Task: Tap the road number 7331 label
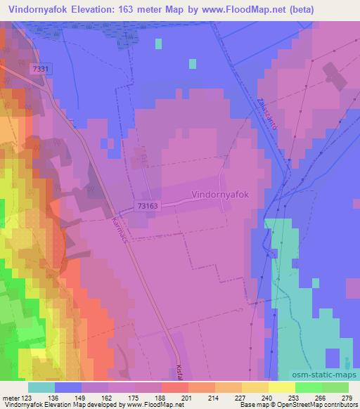tap(40, 68)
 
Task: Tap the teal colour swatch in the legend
tap(41, 387)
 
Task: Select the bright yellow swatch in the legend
tap(281, 387)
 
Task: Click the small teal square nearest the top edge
tap(158, 44)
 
